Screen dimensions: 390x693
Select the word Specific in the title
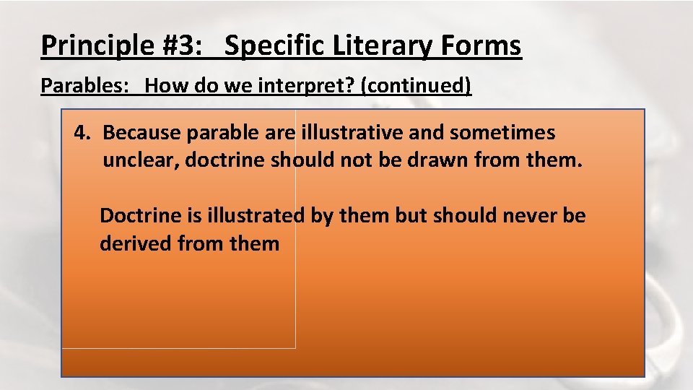pos(275,46)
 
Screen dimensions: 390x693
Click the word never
pos(526,215)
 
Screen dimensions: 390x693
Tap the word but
pos(411,215)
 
